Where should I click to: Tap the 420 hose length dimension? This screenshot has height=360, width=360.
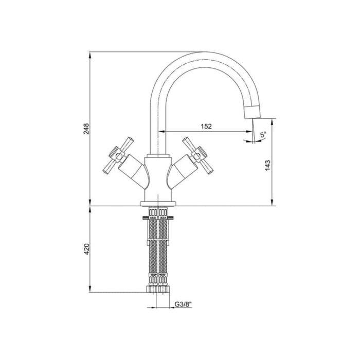tap(87, 249)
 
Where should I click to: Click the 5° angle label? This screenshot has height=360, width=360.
tap(263, 135)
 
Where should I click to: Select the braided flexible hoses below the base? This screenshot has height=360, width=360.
tap(158, 247)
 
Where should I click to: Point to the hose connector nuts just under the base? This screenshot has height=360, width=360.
tap(158, 211)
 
